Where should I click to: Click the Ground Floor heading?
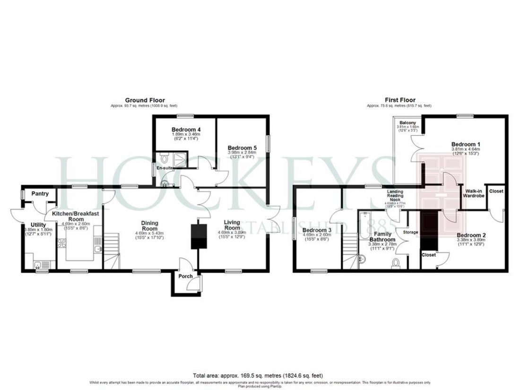[x=138, y=100]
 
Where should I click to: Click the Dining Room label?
[x=149, y=226]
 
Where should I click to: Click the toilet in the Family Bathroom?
[x=397, y=262]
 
